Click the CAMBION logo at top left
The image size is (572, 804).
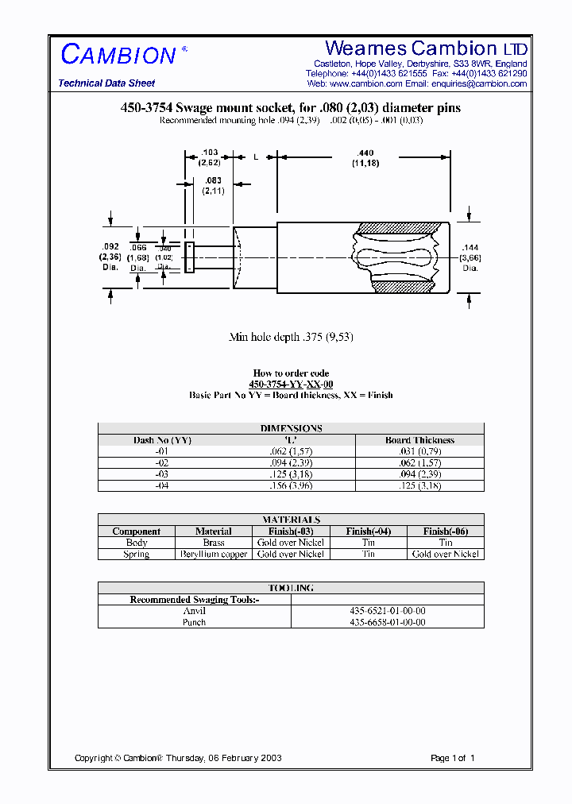(118, 55)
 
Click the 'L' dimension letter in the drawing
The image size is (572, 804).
(256, 157)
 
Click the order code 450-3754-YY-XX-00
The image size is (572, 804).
(291, 384)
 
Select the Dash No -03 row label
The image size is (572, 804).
(162, 474)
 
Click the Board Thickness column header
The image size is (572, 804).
(419, 440)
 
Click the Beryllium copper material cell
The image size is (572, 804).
(214, 555)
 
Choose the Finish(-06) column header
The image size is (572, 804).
(445, 531)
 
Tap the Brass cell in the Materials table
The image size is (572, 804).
(214, 543)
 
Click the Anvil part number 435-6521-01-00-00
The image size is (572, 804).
(388, 611)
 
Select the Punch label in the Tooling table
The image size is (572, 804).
(194, 622)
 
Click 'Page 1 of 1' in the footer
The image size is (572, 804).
(452, 758)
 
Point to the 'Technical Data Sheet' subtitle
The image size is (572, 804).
(106, 83)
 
